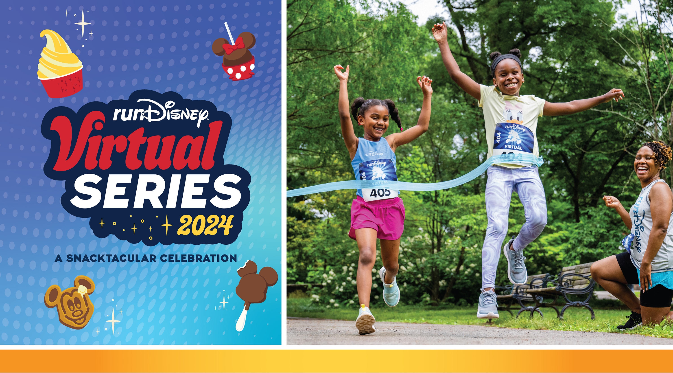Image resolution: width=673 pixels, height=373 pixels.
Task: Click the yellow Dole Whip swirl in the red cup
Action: (56, 56)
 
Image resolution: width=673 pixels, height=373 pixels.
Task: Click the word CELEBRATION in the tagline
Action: (199, 258)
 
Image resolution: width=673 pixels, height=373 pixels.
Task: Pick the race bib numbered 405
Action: (380, 193)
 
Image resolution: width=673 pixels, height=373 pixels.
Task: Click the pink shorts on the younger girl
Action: (376, 218)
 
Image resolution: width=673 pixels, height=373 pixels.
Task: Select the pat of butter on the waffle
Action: (81, 289)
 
